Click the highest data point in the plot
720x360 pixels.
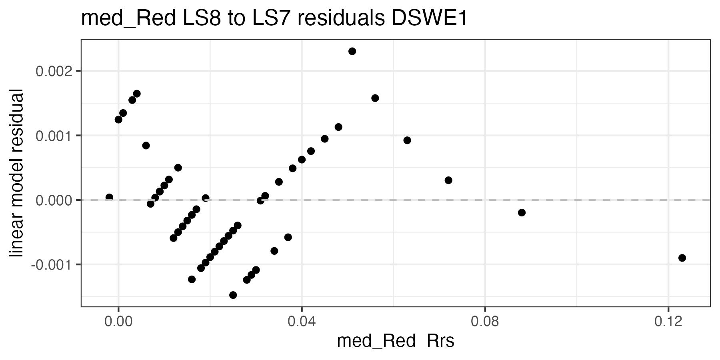[x=352, y=51]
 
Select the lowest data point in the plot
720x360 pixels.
[x=233, y=295]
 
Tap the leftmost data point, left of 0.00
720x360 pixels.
[x=109, y=197]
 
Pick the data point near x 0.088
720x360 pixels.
[x=522, y=212]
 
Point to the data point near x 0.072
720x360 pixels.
[x=448, y=180]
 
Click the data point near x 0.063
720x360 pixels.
[x=407, y=140]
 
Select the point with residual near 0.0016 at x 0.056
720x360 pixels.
[x=375, y=98]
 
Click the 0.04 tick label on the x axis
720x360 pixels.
[x=302, y=322]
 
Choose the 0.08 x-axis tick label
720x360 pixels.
[x=485, y=322]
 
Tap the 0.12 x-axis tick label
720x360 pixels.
[x=668, y=322]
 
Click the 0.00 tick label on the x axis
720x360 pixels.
[x=118, y=322]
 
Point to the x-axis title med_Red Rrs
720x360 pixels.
[x=396, y=341]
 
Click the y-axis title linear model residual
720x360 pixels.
[x=17, y=173]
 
